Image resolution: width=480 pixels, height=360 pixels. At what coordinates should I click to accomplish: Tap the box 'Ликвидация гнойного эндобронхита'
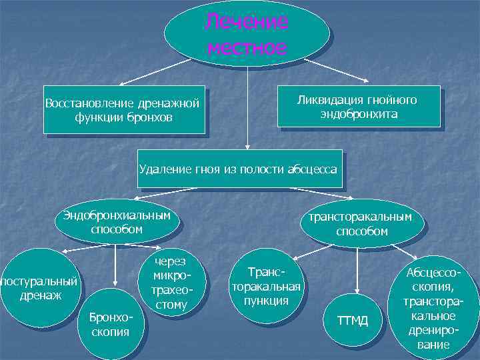(359, 106)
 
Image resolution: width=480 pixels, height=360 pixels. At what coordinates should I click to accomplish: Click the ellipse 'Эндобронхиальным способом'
(117, 223)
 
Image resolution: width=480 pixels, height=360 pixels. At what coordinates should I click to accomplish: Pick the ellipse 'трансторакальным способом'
(361, 224)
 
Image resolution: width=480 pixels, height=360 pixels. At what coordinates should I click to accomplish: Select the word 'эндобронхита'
(359, 114)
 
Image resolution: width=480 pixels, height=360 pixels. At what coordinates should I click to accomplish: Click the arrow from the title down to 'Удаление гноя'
(247, 107)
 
